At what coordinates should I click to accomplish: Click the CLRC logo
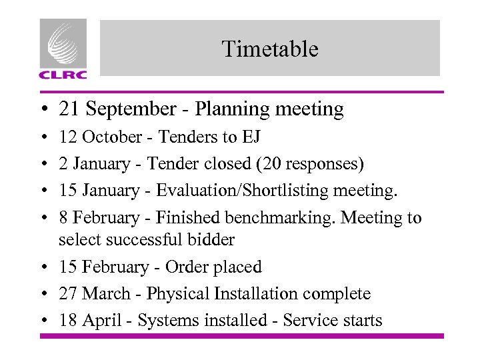tap(63, 49)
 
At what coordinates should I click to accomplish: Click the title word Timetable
tap(270, 49)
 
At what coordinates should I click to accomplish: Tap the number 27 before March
tap(68, 293)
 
